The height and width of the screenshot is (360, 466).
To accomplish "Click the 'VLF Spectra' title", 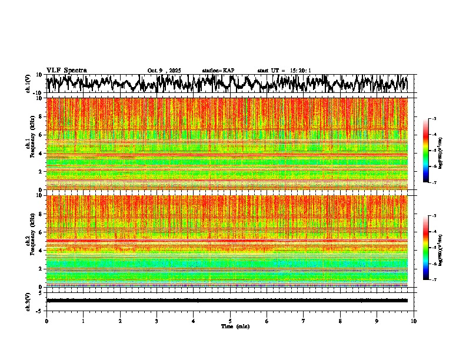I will point(66,70).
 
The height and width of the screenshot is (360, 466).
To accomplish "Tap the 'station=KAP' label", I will point(218,71).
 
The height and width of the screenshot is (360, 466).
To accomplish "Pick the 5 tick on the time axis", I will point(230,321).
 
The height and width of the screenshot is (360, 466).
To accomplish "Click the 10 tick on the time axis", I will point(414,321).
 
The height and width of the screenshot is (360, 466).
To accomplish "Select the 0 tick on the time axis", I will point(46,321).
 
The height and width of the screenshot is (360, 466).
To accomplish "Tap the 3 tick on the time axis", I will point(157,321).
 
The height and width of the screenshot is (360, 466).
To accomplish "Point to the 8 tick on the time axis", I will point(340,321).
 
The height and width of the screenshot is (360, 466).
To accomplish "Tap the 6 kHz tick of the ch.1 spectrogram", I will point(40,135).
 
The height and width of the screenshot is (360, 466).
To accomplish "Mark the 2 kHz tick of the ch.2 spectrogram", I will point(40,269).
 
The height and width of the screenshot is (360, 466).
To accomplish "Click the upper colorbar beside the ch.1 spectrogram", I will point(432,151).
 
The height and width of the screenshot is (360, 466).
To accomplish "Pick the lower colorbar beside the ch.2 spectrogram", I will point(432,248).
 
